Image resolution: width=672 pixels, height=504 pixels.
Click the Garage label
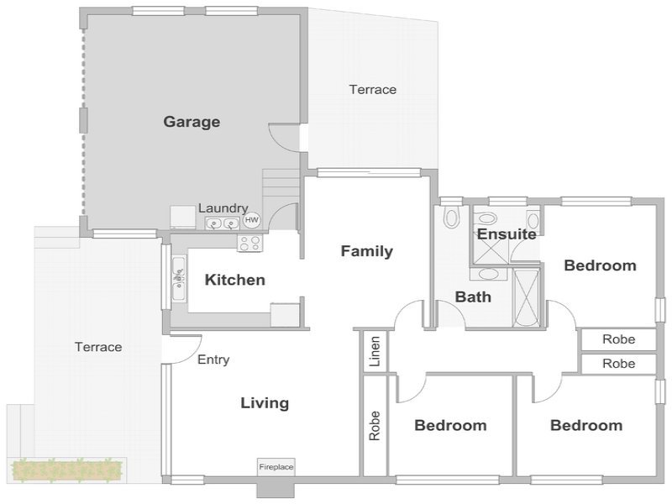(192, 122)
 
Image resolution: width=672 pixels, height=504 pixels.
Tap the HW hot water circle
(251, 220)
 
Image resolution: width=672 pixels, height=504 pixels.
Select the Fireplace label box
(276, 467)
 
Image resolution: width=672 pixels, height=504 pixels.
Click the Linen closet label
(375, 351)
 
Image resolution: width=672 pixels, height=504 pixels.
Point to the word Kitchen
(235, 280)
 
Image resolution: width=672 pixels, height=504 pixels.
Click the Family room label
(367, 251)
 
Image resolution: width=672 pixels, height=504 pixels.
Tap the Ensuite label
(507, 234)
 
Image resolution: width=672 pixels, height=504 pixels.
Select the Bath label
(473, 297)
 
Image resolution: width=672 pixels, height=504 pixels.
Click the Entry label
(213, 360)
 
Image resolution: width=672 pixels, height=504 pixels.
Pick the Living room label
(265, 403)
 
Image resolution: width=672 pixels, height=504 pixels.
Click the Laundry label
(223, 208)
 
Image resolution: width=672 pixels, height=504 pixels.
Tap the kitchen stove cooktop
(250, 244)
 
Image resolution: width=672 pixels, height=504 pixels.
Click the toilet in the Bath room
(451, 218)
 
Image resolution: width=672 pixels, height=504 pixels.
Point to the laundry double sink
(222, 223)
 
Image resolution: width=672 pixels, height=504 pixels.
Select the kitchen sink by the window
(179, 279)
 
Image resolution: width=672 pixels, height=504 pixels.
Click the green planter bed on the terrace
(67, 470)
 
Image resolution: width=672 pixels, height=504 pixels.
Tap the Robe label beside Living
(375, 426)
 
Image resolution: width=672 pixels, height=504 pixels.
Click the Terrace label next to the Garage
(372, 90)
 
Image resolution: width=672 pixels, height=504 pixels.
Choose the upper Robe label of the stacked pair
(618, 339)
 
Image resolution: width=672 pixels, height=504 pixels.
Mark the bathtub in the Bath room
(527, 298)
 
